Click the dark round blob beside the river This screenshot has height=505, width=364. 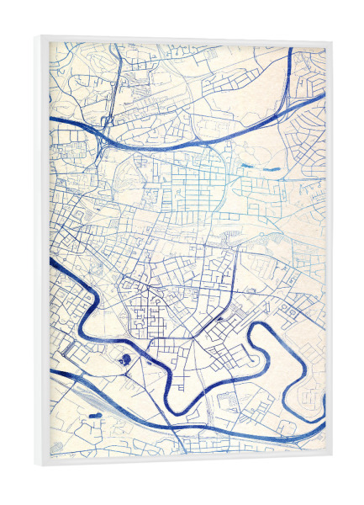point(125,361)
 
